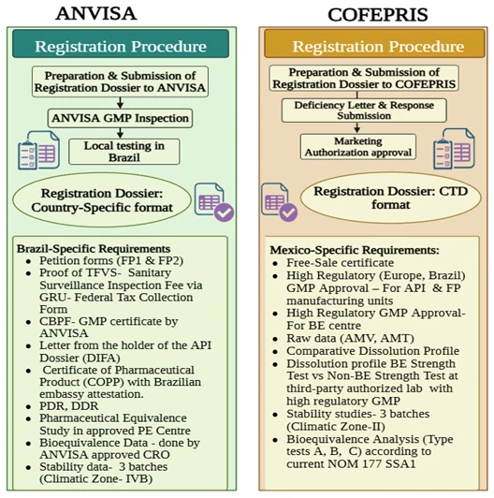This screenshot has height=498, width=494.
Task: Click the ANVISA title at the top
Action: pyautogui.click(x=96, y=14)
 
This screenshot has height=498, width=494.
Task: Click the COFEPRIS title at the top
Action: pyautogui.click(x=377, y=15)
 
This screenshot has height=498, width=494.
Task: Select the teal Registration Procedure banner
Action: pyautogui.click(x=121, y=44)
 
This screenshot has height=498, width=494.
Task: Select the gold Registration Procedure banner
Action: pyautogui.click(x=374, y=43)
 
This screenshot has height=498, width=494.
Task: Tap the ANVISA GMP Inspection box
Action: pyautogui.click(x=120, y=118)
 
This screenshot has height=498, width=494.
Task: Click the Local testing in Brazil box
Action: pyautogui.click(x=124, y=152)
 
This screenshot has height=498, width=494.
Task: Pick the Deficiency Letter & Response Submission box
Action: pyautogui.click(x=364, y=110)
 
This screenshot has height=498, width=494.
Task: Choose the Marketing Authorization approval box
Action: pyautogui.click(x=358, y=146)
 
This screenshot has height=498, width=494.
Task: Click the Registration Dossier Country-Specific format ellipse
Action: pyautogui.click(x=102, y=200)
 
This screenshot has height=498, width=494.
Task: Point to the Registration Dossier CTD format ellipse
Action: pyautogui.click(x=390, y=198)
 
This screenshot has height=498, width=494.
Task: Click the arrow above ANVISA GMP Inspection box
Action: pyautogui.click(x=120, y=103)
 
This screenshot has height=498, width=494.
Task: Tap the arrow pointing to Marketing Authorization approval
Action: pyautogui.click(x=357, y=127)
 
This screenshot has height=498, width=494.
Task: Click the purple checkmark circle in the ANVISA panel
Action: pyautogui.click(x=224, y=212)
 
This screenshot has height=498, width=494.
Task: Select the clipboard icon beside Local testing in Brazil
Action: pyautogui.click(x=38, y=150)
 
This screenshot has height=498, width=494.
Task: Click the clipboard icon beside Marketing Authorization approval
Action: pyautogui.click(x=455, y=149)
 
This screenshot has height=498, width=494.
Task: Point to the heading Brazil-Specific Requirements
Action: pyautogui.click(x=94, y=249)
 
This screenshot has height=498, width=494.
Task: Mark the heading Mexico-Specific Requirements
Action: pyautogui.click(x=355, y=250)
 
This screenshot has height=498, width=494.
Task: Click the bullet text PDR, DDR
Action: pyautogui.click(x=69, y=406)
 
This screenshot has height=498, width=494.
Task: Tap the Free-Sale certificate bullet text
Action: pyautogui.click(x=340, y=263)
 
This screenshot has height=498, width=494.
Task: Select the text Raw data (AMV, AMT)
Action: pyautogui.click(x=350, y=338)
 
